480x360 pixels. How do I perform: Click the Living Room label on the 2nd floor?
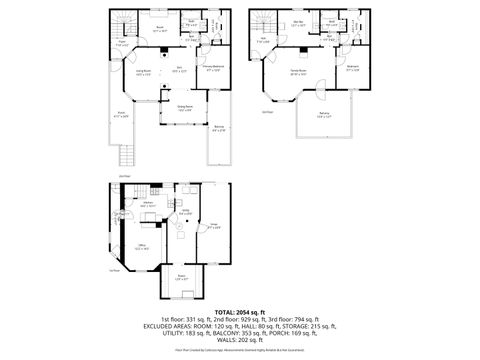[x=129, y=73]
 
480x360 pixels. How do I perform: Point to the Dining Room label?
[x=185, y=107]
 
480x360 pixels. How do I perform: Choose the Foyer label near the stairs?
[x=121, y=44]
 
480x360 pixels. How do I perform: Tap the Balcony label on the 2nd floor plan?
[x=219, y=129]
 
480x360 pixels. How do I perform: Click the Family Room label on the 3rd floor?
[x=297, y=73]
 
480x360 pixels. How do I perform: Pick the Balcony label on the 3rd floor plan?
[x=323, y=117]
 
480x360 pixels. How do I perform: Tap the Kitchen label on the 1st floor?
[x=147, y=204]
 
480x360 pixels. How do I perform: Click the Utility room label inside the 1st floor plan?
[x=185, y=211]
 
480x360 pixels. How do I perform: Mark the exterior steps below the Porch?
[x=127, y=155]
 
